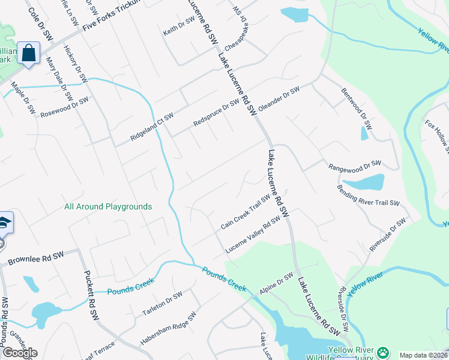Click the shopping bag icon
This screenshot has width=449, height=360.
28,53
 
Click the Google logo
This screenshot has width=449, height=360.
19,353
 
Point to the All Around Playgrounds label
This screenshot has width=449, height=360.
108,206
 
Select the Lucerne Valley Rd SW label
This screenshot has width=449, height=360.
253,235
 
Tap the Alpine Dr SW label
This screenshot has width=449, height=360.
276,283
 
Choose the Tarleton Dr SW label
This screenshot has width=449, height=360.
162,304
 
